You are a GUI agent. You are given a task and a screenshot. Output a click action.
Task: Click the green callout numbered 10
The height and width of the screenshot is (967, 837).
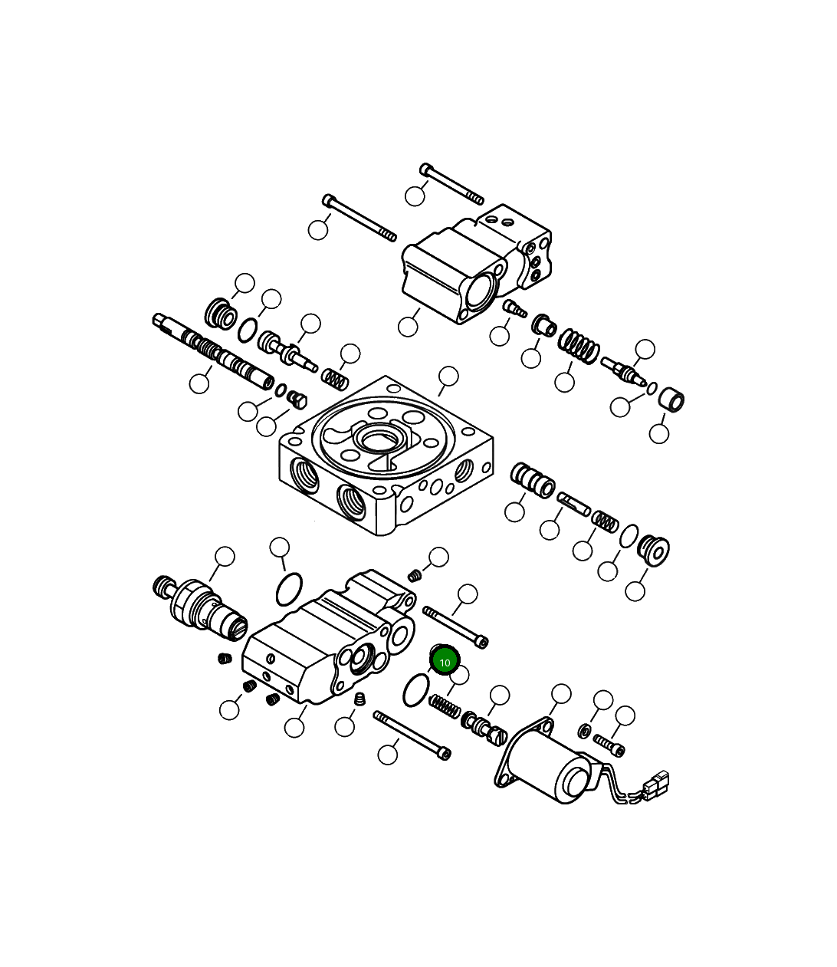(445, 661)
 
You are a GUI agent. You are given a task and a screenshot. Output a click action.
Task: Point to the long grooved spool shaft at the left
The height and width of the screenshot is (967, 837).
(215, 350)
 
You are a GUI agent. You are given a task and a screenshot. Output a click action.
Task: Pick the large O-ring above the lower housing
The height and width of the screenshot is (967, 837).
(288, 588)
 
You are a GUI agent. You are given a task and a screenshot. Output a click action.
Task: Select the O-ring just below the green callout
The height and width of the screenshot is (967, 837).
(415, 690)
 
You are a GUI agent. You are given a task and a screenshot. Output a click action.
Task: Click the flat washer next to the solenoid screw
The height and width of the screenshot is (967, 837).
(585, 730)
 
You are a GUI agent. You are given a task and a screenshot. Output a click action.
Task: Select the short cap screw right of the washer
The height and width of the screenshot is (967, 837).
(609, 744)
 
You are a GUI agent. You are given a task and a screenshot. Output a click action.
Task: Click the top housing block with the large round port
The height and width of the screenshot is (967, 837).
(475, 265)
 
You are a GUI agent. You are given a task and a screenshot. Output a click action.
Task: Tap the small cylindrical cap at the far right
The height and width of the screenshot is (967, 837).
(671, 400)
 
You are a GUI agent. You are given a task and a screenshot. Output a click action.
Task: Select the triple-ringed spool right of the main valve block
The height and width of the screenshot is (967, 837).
(533, 481)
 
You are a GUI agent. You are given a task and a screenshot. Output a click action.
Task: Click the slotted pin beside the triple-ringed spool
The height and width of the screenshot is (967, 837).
(574, 503)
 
